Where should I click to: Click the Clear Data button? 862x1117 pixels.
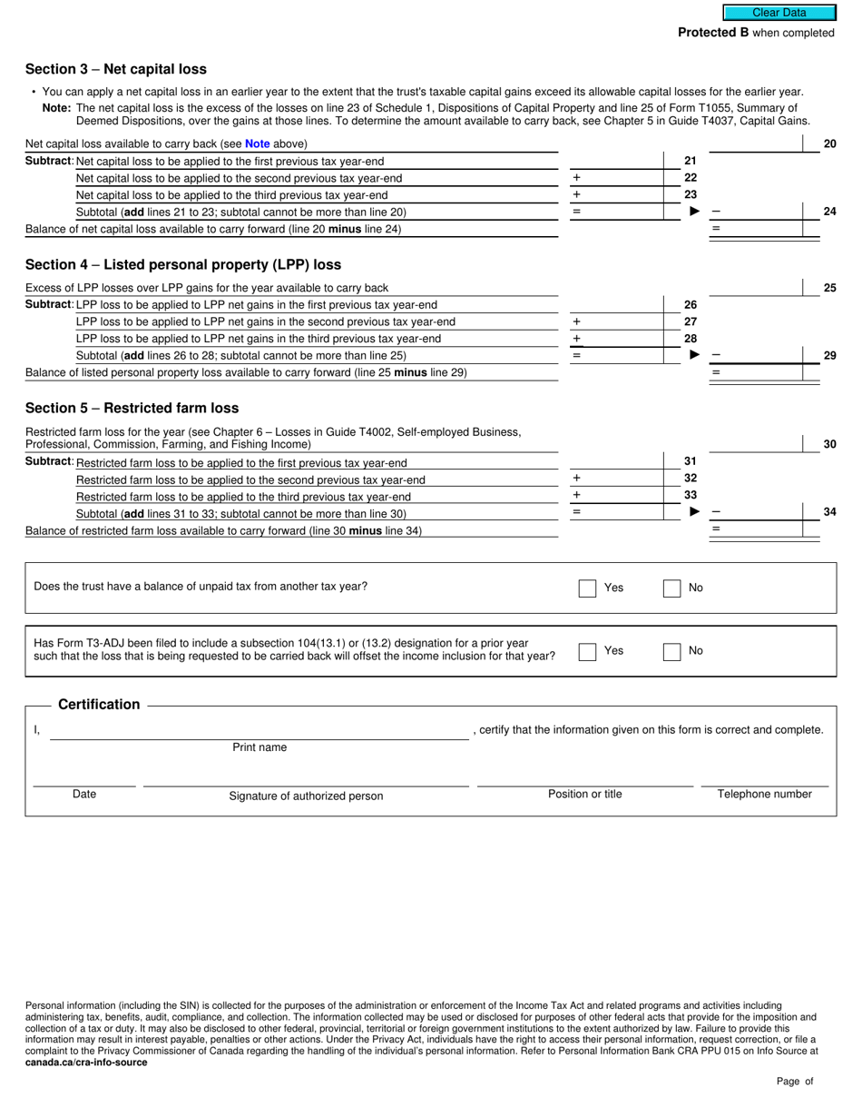779,13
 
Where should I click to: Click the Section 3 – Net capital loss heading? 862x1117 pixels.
116,69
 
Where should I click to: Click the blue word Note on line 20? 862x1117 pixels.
257,143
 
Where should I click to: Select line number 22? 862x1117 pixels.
691,178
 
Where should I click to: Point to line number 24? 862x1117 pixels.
829,212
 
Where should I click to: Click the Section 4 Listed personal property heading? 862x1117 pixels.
183,264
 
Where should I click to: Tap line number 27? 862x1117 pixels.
691,321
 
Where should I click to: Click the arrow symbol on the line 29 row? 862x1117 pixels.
695,355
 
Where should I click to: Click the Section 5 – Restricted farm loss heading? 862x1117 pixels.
132,408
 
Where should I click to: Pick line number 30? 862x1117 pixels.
829,444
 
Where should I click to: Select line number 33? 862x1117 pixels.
691,495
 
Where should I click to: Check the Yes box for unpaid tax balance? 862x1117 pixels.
587,588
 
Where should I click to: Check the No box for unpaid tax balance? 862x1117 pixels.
671,588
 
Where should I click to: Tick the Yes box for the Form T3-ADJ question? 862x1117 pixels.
587,651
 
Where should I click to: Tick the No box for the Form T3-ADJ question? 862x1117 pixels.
671,651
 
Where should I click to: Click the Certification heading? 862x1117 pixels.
99,705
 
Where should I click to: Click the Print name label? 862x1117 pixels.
260,747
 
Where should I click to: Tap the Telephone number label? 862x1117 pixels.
764,794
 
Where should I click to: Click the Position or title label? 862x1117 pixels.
584,794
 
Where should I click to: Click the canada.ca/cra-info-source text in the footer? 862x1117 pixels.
86,1062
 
